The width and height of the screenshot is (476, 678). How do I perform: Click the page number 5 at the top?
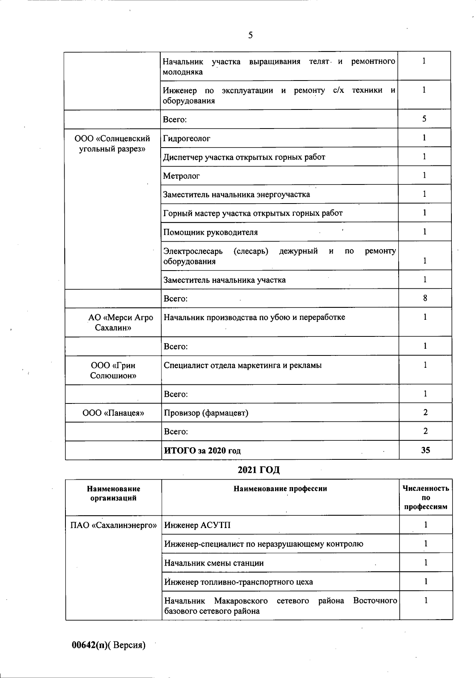[x=250, y=35]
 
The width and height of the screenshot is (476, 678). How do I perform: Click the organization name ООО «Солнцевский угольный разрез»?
[x=113, y=144]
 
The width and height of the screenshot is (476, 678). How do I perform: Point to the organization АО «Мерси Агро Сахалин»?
[x=113, y=323]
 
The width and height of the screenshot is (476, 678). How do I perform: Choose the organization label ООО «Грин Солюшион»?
[x=113, y=370]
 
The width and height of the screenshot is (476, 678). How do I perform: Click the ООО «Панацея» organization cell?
[x=113, y=413]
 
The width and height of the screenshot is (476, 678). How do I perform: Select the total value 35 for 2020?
[x=426, y=450]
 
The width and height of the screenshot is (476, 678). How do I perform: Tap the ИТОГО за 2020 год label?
[x=202, y=451]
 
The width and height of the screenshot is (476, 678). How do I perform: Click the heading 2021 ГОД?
[x=259, y=470]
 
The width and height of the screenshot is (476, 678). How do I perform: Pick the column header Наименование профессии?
[x=280, y=489]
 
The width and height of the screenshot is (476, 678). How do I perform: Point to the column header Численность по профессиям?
[x=426, y=497]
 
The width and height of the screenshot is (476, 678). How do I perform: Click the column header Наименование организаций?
[x=113, y=494]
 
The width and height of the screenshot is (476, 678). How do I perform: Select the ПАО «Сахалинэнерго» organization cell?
[x=113, y=525]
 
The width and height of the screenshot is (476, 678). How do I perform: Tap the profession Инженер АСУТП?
[x=197, y=525]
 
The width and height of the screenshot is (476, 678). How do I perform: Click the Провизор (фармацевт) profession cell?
[x=206, y=413]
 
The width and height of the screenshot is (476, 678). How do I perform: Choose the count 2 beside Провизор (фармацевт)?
[x=426, y=413]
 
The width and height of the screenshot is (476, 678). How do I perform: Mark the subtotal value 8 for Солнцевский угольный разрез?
[x=425, y=298]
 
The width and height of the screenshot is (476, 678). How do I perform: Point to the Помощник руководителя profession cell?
[x=211, y=232]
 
